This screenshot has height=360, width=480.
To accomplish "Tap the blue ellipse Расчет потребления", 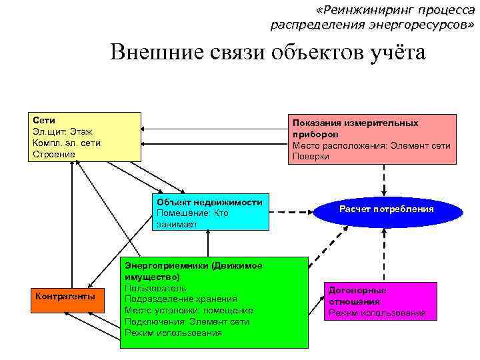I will point(386,210).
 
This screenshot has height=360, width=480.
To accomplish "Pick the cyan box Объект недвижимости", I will point(210,213).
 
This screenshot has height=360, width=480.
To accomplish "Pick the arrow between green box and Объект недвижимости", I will point(208,243).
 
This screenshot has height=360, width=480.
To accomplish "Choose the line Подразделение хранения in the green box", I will point(181,299).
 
